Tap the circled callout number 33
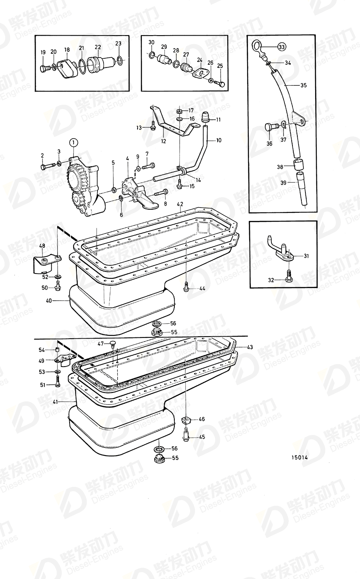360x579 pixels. point(281,47)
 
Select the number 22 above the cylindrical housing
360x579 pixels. point(97,48)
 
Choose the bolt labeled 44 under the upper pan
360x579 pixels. point(186,287)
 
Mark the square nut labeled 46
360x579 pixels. point(186,420)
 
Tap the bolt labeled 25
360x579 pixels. point(221,83)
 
